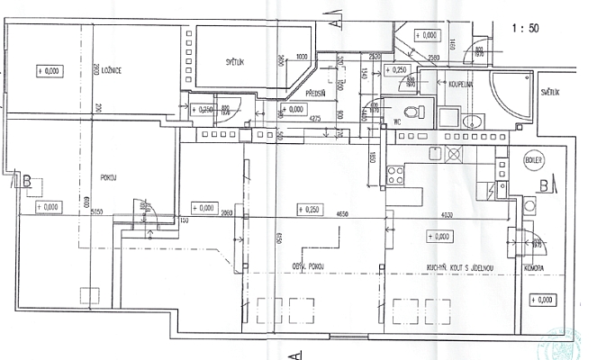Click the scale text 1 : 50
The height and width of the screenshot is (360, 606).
pos(525,29)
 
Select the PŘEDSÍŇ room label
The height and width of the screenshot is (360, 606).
pos(315,93)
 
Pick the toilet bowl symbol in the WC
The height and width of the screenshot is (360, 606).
pos(413,112)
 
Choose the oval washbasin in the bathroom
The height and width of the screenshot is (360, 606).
pos(466,121)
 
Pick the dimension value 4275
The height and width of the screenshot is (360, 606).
pos(316,117)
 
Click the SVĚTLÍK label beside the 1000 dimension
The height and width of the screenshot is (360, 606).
pos(239,62)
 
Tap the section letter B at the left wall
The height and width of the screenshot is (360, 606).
pos(28,183)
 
